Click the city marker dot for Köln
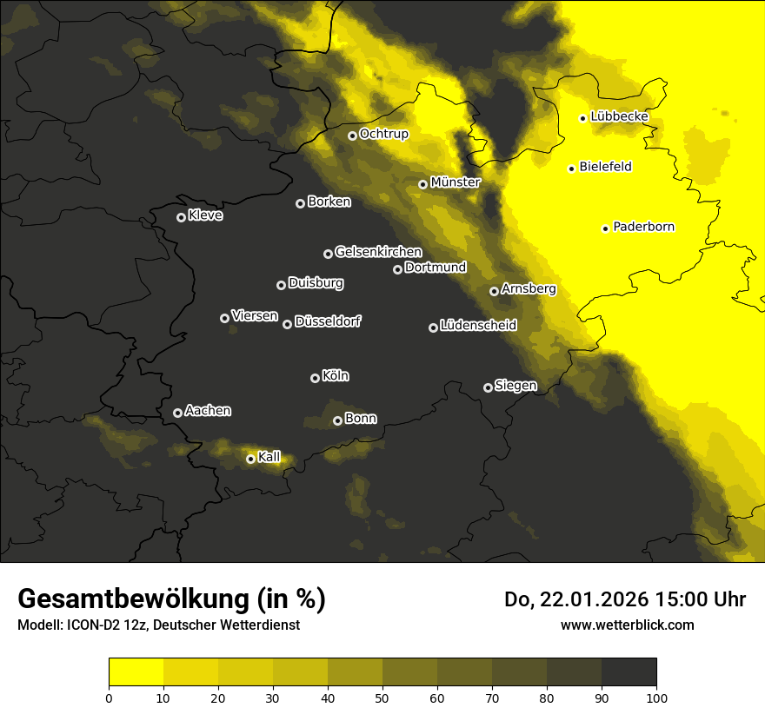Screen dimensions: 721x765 pyautogui.click(x=315, y=378)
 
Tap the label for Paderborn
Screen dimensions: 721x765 pyautogui.click(x=644, y=227)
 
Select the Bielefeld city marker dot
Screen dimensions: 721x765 pyautogui.click(x=571, y=169)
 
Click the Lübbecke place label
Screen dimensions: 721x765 pyautogui.click(x=619, y=116)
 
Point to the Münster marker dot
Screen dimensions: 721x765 pyautogui.click(x=422, y=184)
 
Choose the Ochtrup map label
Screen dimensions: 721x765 pyautogui.click(x=384, y=134)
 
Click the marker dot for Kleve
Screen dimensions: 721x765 pyautogui.click(x=181, y=217)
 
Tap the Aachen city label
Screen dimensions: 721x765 pyautogui.click(x=208, y=411)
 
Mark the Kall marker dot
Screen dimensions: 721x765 pyautogui.click(x=250, y=459)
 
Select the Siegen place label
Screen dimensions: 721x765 pyautogui.click(x=516, y=386)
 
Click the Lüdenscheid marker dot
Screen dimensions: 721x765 pyautogui.click(x=433, y=327)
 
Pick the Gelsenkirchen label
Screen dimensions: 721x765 pyautogui.click(x=378, y=252)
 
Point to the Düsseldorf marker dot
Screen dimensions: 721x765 pyautogui.click(x=287, y=324)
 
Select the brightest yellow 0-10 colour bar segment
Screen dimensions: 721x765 pyautogui.click(x=136, y=671)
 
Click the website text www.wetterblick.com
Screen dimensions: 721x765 pyautogui.click(x=627, y=625)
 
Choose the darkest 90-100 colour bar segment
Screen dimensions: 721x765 pyautogui.click(x=629, y=671)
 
